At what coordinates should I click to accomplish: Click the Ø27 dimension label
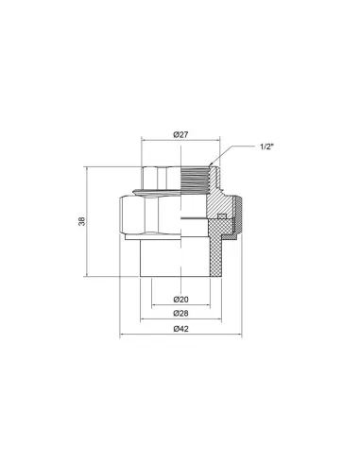tap(180, 134)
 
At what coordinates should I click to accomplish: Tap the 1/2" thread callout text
tap(266, 146)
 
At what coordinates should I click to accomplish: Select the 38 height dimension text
tap(82, 221)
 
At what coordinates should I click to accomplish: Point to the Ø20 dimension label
tap(180, 300)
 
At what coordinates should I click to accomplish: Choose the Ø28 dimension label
tap(180, 314)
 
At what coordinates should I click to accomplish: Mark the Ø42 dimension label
tap(180, 329)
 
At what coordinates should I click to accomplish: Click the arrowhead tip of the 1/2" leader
tap(209, 166)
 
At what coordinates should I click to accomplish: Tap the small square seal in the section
tap(222, 215)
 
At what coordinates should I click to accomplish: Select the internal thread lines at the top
tap(195, 180)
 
